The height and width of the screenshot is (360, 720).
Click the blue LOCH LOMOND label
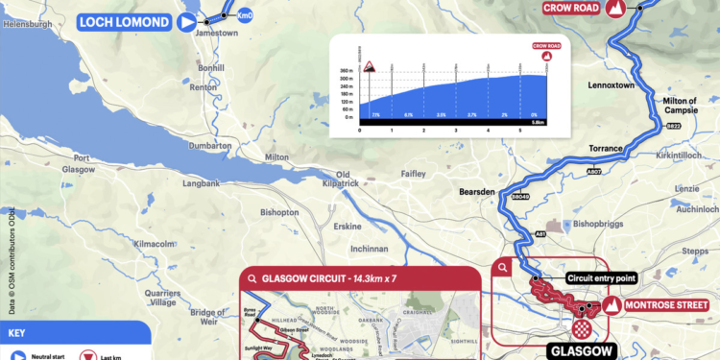(125, 23)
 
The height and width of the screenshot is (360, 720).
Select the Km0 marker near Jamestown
(244, 14)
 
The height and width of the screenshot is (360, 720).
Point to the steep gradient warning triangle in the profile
(368, 67)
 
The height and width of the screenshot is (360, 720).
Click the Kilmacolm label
(155, 244)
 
